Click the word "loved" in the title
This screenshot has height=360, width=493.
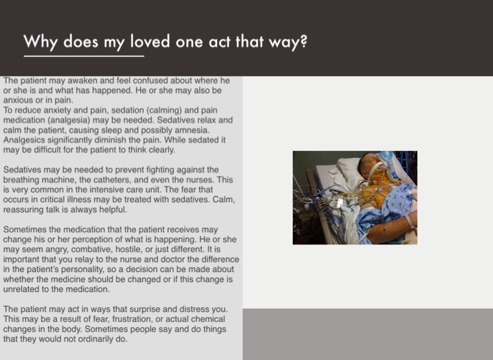(150, 41)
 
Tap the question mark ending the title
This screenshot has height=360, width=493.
(304, 41)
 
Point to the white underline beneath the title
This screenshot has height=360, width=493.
(84, 56)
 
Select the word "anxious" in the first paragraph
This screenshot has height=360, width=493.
(17, 100)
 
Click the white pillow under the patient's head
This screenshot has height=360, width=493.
(349, 170)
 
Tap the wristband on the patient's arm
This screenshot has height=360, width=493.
(410, 221)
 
